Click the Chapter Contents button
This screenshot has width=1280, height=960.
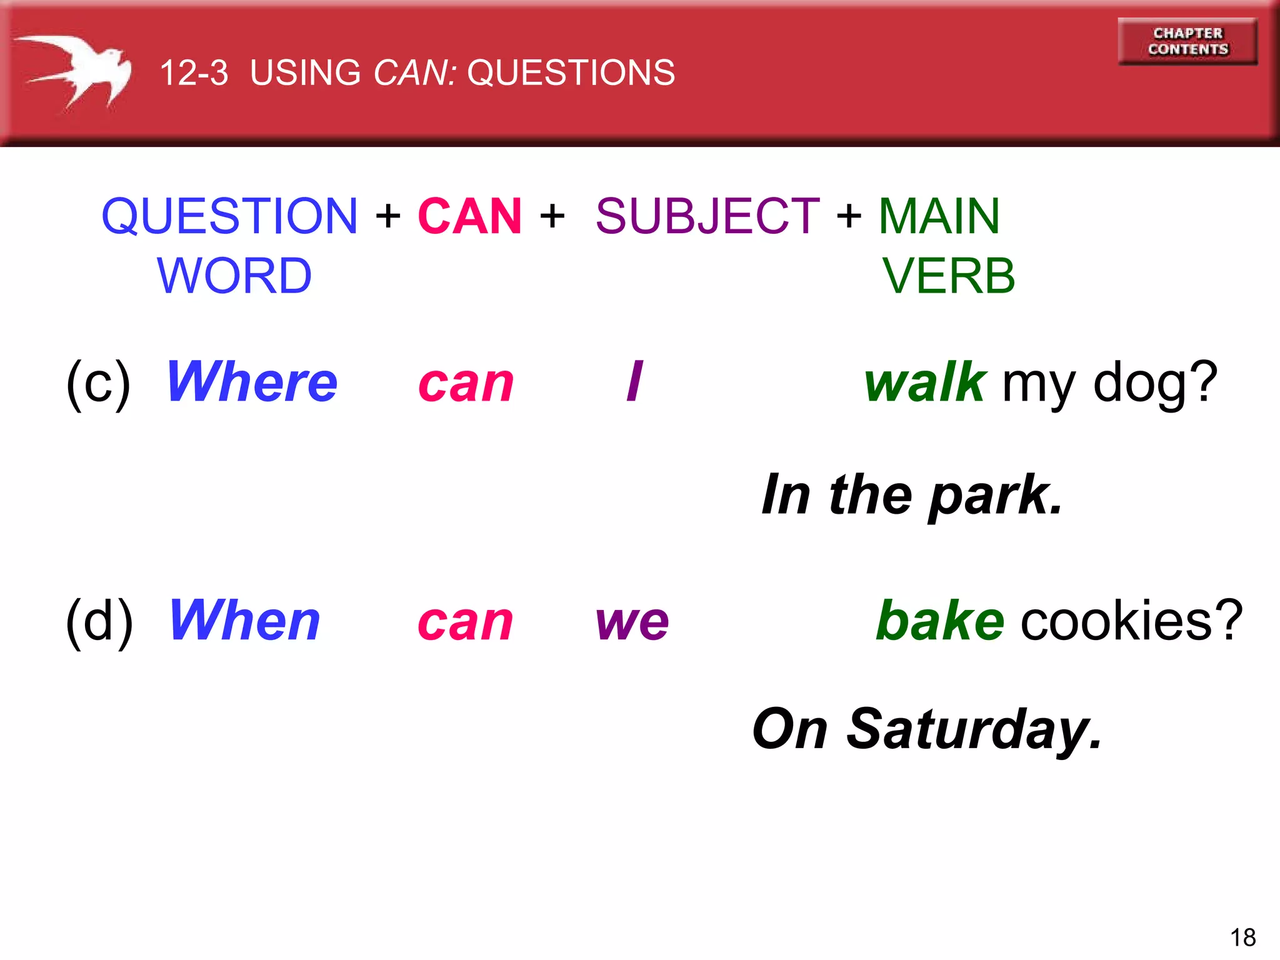pyautogui.click(x=1187, y=41)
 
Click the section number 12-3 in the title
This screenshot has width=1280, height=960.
pyautogui.click(x=194, y=72)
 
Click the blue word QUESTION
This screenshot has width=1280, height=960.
pyautogui.click(x=229, y=216)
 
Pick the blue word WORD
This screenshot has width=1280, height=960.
pyautogui.click(x=234, y=276)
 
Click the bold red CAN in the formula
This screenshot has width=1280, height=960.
pyautogui.click(x=469, y=216)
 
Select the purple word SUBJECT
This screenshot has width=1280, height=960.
pyautogui.click(x=707, y=216)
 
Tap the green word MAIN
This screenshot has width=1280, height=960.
pyautogui.click(x=939, y=216)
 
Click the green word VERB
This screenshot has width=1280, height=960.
pyautogui.click(x=948, y=276)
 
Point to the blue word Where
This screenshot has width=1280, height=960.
pyautogui.click(x=252, y=382)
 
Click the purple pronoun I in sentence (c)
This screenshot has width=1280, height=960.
pyautogui.click(x=634, y=382)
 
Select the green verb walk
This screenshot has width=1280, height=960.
pyautogui.click(x=925, y=382)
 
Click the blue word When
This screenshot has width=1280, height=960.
pyautogui.click(x=244, y=620)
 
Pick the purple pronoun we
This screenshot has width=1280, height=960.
pyautogui.click(x=632, y=622)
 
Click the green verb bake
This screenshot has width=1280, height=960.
pyautogui.click(x=940, y=620)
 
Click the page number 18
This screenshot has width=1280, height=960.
pyautogui.click(x=1242, y=937)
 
